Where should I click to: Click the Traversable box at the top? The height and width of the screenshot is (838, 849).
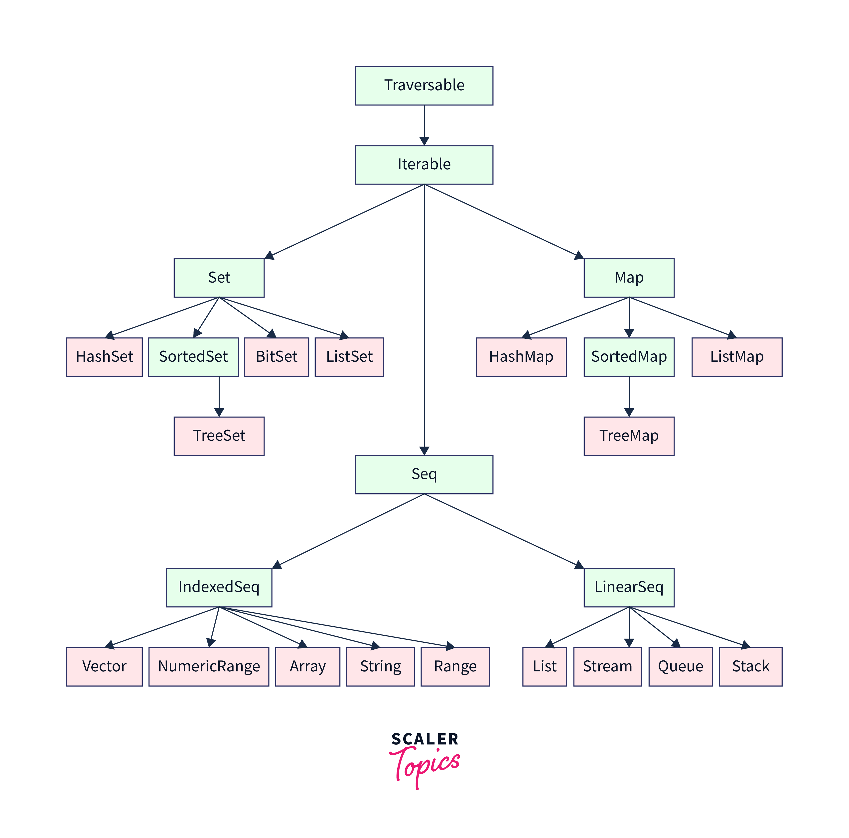tap(424, 86)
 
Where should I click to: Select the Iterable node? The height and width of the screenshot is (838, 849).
tap(424, 165)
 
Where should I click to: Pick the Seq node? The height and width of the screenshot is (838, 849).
tap(424, 474)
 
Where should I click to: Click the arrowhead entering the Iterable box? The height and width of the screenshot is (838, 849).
tap(424, 141)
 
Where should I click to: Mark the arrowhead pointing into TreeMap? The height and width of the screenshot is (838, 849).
tap(629, 412)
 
